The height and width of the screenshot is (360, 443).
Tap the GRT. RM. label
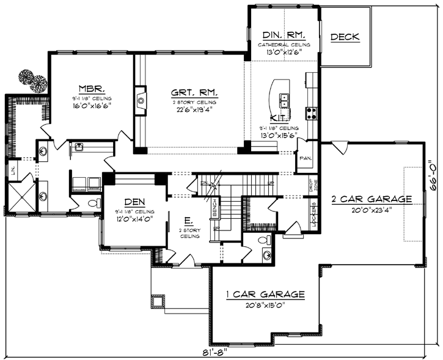[195, 94]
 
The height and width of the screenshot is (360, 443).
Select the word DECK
[345, 38]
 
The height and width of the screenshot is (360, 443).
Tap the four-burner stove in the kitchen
[311, 112]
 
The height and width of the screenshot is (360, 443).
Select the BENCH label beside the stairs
[214, 211]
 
